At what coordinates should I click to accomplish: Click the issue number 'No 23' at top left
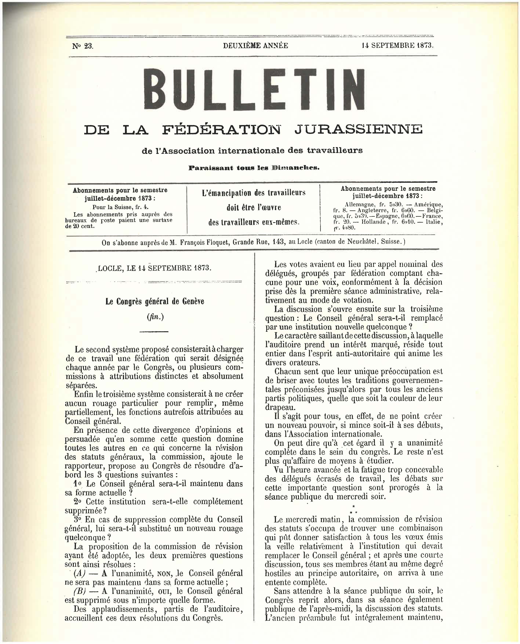pos(83,46)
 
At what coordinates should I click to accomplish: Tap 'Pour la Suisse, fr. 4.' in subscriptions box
pos(120,207)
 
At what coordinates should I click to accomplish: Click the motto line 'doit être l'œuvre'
pos(253,207)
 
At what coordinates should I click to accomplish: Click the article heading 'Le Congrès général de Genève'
pos(154,302)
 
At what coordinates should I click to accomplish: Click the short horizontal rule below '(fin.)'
pos(154,331)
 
